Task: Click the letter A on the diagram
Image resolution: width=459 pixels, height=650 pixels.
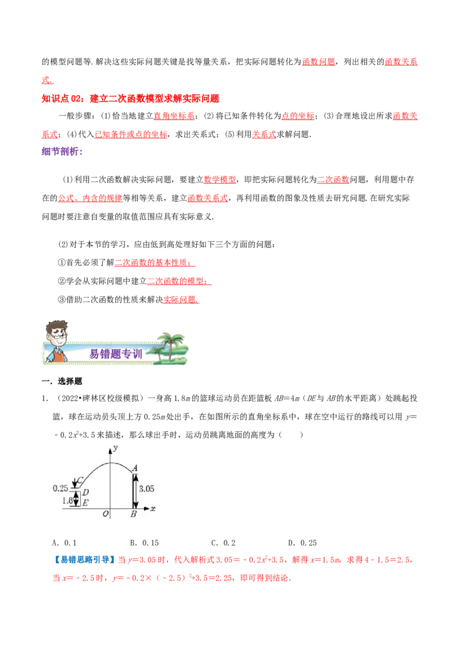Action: tap(135, 468)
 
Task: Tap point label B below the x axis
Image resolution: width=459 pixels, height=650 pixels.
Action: tap(133, 514)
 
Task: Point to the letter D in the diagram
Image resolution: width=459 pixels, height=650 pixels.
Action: tap(85, 492)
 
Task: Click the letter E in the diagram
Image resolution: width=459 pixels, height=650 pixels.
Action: tap(85, 503)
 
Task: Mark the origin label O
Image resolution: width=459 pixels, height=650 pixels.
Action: tap(106, 514)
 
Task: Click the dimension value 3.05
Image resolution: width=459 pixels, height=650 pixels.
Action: tap(147, 489)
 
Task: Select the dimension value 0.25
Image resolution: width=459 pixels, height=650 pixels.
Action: tap(61, 489)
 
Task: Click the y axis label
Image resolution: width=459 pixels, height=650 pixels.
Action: tap(115, 447)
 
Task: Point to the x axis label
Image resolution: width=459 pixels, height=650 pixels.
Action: tap(153, 508)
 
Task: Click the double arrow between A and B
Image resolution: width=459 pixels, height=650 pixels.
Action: tap(135, 490)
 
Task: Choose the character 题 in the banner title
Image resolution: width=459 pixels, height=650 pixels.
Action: tap(115, 354)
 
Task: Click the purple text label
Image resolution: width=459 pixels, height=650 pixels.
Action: tap(61, 152)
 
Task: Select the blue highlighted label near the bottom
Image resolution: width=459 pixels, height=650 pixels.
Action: tap(84, 559)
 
